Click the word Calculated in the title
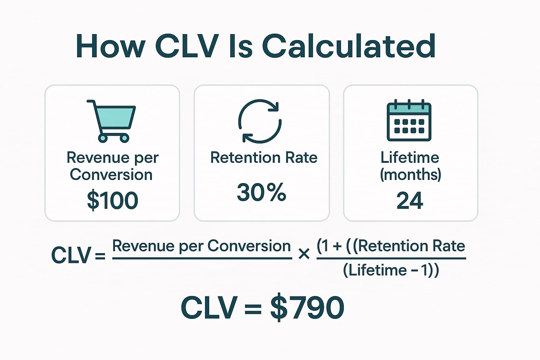[x=349, y=46]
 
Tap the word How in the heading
[x=110, y=46]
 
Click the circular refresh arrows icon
[x=260, y=121]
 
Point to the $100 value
[x=112, y=200]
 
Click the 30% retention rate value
[x=261, y=193]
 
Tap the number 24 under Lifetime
[x=410, y=200]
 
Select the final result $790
[x=307, y=308]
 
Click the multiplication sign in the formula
[x=304, y=254]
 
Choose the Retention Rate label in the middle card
[x=264, y=157]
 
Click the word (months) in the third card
[x=410, y=174]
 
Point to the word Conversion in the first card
[x=111, y=175]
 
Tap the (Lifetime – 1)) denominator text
[x=391, y=270]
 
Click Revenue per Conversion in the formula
[x=201, y=246]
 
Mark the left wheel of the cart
[x=103, y=138]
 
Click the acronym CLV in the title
[x=186, y=46]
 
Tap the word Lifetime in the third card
[x=410, y=157]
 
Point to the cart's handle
[x=90, y=102]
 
